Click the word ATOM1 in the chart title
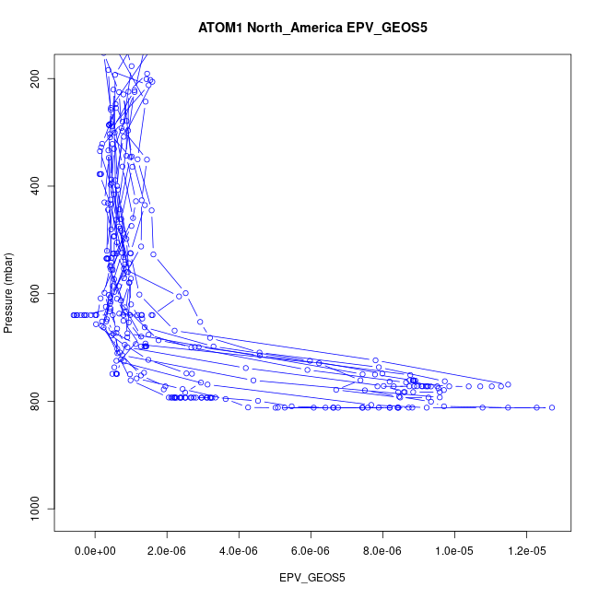tap(220, 28)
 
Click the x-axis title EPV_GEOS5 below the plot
tap(312, 578)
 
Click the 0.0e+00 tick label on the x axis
tap(95, 550)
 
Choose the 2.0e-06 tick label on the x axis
tap(167, 550)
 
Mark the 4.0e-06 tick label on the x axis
tap(239, 550)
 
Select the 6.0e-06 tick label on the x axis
tap(311, 550)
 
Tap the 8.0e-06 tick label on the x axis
tap(382, 550)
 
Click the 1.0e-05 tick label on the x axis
tap(454, 550)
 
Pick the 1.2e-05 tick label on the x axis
tap(526, 550)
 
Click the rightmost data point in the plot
tap(552, 407)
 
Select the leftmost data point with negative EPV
tap(74, 315)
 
